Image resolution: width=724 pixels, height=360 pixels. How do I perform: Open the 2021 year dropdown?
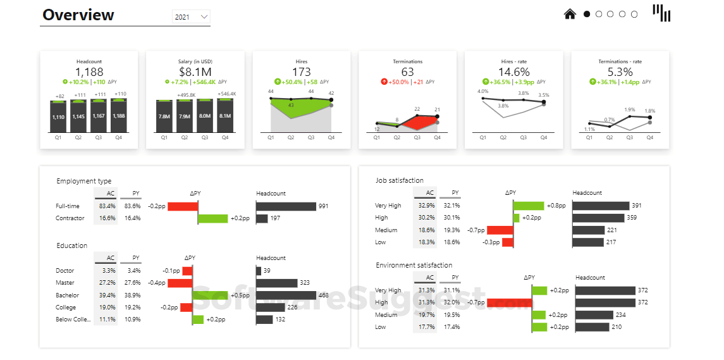[x=191, y=17]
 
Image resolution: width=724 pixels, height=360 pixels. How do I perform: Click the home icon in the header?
[x=570, y=13]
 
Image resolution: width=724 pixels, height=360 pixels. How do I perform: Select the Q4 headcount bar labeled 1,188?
[x=119, y=116]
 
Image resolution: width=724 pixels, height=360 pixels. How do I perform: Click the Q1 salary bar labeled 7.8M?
[x=164, y=116]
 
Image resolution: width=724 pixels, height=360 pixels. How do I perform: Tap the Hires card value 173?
[x=302, y=72]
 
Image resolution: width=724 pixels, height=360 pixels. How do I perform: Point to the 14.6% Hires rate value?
[x=513, y=72]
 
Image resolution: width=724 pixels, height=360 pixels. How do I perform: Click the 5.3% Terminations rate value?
[x=620, y=72]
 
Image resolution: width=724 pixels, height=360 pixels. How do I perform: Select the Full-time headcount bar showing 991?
[x=286, y=206]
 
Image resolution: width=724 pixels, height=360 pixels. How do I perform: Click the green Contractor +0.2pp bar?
[x=213, y=218]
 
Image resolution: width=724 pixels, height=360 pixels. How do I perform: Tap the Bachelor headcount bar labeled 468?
[x=286, y=295]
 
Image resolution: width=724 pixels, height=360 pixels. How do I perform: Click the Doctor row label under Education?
[x=65, y=271]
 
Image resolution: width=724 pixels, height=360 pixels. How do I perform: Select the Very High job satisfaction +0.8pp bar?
[x=529, y=206]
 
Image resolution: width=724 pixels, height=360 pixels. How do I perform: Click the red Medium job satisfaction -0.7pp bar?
[x=500, y=230]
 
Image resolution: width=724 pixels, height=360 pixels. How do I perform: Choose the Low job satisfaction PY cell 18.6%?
[x=451, y=242]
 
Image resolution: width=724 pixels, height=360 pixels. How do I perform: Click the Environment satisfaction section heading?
[x=414, y=265]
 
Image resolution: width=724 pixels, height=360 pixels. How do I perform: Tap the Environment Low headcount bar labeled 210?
[x=592, y=327]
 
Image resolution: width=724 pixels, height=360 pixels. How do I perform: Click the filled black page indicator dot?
[x=587, y=14]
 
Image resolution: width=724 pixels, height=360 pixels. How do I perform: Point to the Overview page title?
[x=78, y=15]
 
